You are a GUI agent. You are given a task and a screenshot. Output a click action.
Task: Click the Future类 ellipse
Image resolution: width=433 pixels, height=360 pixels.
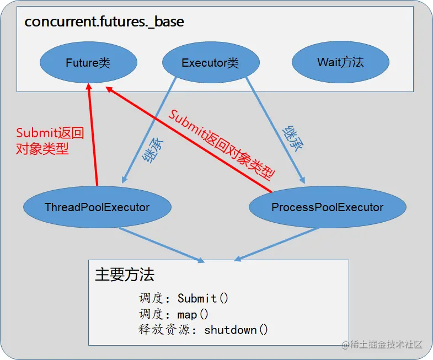click(88, 62)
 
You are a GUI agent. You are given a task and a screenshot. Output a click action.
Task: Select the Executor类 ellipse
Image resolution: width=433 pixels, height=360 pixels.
click(210, 62)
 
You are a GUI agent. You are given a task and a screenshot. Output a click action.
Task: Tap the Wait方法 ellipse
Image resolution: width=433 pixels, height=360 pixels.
click(340, 62)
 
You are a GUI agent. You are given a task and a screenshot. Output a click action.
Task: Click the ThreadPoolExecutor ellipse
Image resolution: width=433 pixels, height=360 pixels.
click(97, 207)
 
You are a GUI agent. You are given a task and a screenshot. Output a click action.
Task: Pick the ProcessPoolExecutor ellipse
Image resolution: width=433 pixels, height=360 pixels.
click(327, 207)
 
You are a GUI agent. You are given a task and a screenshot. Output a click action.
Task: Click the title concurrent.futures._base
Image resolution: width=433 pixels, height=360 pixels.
click(104, 22)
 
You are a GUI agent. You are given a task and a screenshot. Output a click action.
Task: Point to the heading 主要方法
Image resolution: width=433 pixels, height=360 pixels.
click(125, 275)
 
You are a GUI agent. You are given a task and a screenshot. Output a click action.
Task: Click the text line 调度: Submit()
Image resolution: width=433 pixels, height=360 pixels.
click(184, 298)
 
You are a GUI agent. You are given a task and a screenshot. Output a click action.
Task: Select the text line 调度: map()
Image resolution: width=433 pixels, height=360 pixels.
click(174, 314)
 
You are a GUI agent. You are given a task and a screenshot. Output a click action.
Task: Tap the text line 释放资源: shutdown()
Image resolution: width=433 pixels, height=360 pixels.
click(203, 330)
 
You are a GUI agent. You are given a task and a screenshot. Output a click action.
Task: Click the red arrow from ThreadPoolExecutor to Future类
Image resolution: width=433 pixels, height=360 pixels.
click(93, 138)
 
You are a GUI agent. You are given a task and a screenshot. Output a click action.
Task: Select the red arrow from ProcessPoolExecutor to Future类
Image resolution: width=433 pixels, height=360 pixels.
click(188, 138)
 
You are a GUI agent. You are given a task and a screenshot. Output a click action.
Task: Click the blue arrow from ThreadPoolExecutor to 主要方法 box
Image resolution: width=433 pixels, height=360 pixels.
click(160, 244)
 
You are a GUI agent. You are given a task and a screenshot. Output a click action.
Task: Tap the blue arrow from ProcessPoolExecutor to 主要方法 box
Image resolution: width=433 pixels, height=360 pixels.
click(279, 244)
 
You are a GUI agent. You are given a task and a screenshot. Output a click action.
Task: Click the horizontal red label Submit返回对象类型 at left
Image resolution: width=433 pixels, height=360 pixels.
click(50, 141)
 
